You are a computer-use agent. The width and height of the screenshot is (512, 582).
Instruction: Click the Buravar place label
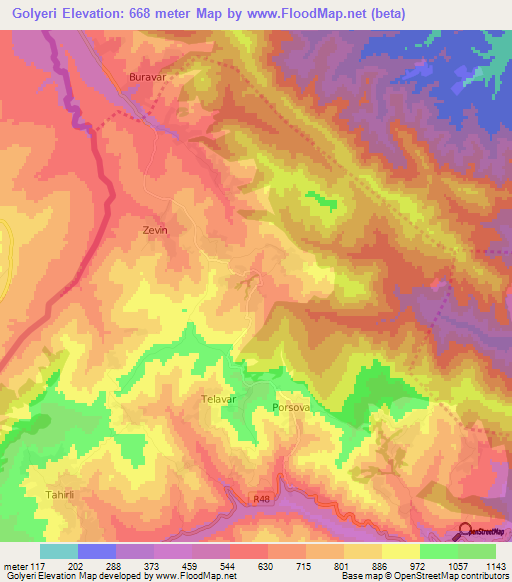pyautogui.click(x=145, y=76)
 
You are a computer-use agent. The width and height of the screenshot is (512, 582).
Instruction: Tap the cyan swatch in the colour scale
pyautogui.click(x=59, y=551)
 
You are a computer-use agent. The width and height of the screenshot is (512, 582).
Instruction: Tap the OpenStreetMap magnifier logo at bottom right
pyautogui.click(x=463, y=530)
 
